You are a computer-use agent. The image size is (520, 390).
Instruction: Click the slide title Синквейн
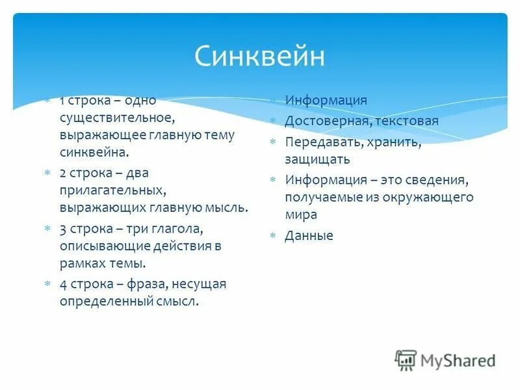point(259,57)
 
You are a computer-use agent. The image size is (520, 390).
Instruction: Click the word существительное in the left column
point(117,118)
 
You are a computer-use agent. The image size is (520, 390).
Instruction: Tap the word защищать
point(317,159)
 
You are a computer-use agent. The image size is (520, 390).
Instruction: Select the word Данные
point(309,236)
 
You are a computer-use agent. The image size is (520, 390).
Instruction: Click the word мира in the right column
point(301,214)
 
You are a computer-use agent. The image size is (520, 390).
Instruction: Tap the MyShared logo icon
point(406,360)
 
